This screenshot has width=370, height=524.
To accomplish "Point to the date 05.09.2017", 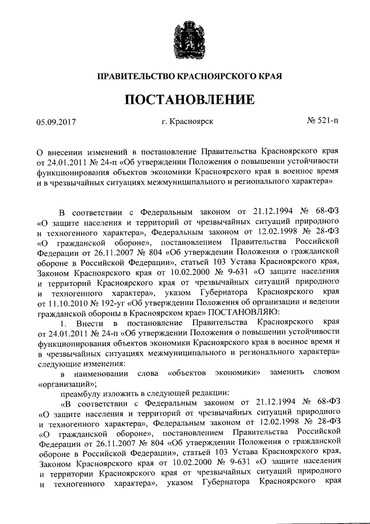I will pos(56,123).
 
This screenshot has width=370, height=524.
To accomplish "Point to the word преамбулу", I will pos(80,393).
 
